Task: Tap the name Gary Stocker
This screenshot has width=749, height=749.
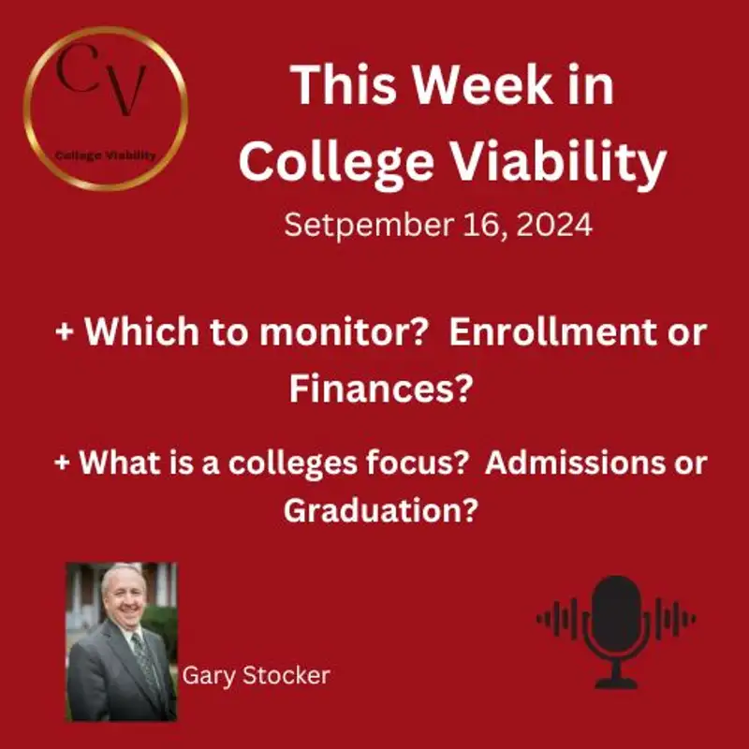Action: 256,675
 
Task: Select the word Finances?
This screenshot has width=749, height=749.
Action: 378,388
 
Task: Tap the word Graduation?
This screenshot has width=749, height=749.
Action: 378,510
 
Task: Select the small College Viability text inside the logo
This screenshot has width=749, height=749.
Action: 106,154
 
